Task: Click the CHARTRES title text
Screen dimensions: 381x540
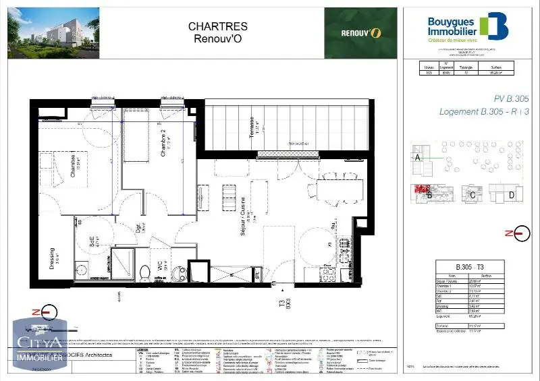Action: pos(208,26)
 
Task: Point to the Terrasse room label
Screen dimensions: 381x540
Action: pos(250,129)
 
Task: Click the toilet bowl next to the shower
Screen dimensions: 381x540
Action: pos(144,271)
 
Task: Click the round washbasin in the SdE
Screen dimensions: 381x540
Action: pos(82,271)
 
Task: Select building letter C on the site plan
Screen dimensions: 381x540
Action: pos(473,196)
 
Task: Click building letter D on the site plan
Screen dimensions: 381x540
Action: pos(511,196)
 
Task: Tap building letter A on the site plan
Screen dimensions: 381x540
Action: pos(418,157)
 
